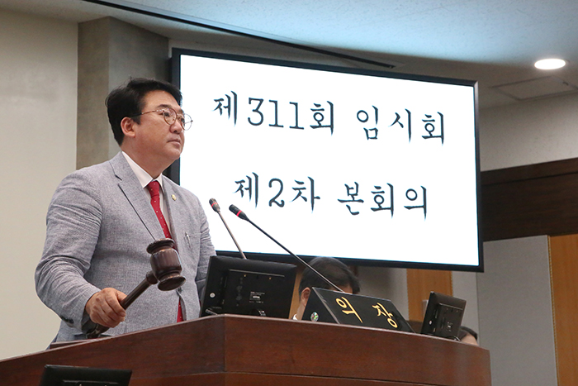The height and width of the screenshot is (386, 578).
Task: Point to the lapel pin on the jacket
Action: pyautogui.click(x=175, y=196)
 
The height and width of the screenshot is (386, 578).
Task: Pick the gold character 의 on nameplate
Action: pyautogui.click(x=345, y=304)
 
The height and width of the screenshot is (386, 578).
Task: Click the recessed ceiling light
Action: pyautogui.click(x=550, y=64)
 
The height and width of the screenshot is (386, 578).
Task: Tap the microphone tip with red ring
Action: pyautogui.click(x=238, y=212)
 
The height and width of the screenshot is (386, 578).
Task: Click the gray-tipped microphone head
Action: pyautogui.click(x=214, y=204)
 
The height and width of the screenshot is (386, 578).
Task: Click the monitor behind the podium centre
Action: pyautogui.click(x=248, y=287)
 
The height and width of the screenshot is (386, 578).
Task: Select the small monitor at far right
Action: pyautogui.click(x=443, y=314)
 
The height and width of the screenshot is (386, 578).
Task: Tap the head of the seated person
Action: pyautogui.click(x=327, y=278)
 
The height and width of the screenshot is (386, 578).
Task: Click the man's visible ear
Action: pyautogui.click(x=127, y=126)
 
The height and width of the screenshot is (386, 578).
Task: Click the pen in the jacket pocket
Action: pyautogui.click(x=187, y=240)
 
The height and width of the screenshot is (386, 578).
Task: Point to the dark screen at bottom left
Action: pyautogui.click(x=85, y=376)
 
